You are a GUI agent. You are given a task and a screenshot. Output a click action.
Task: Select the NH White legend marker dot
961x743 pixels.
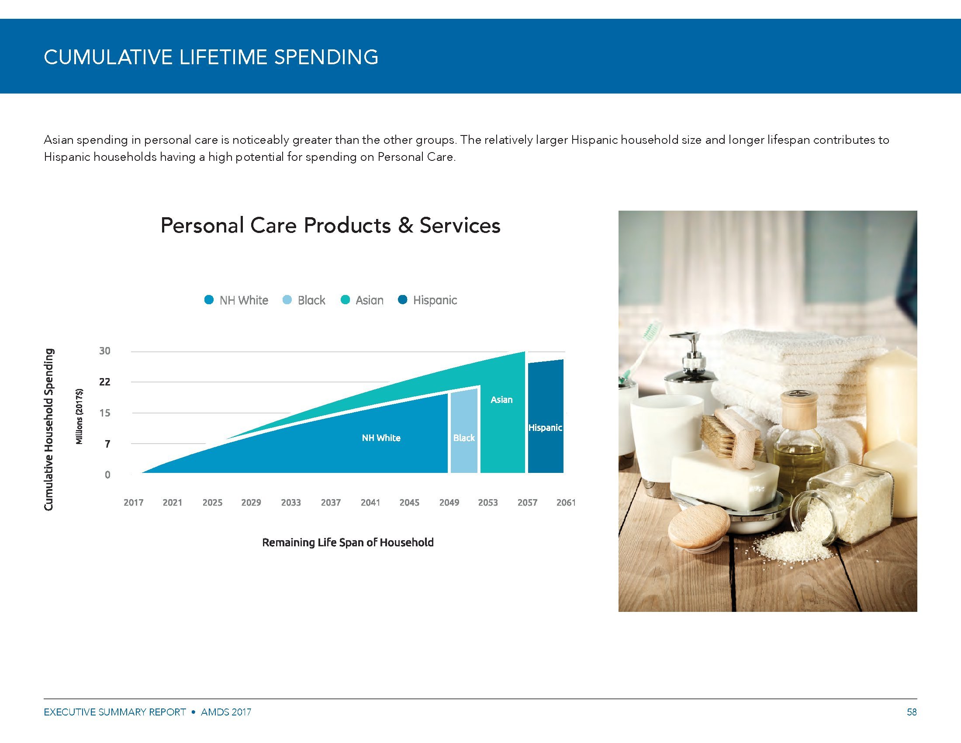pyautogui.click(x=209, y=300)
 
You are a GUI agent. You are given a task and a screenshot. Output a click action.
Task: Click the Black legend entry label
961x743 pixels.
pyautogui.click(x=311, y=300)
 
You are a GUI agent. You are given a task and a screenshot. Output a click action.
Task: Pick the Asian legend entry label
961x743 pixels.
pyautogui.click(x=370, y=300)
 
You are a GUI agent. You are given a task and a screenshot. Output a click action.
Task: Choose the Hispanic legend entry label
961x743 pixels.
pyautogui.click(x=435, y=300)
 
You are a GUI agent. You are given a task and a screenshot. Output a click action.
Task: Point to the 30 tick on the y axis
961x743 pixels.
pyautogui.click(x=105, y=351)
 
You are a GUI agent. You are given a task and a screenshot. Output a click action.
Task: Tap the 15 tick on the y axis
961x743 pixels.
pyautogui.click(x=105, y=413)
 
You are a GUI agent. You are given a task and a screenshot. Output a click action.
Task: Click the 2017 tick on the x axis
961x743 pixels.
pyautogui.click(x=133, y=503)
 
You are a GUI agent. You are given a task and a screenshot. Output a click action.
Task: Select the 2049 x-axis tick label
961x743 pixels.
pyautogui.click(x=449, y=503)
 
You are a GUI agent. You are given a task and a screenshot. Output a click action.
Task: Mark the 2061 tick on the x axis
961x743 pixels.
pyautogui.click(x=566, y=503)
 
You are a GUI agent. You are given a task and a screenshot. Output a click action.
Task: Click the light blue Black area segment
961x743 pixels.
pyautogui.click(x=464, y=431)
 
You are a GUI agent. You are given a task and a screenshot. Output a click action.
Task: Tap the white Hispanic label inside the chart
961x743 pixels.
pyautogui.click(x=545, y=427)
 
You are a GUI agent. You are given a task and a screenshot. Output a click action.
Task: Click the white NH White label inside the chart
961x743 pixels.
pyautogui.click(x=381, y=438)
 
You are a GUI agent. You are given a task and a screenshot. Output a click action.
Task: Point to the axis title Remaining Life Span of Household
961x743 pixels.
pyautogui.click(x=348, y=542)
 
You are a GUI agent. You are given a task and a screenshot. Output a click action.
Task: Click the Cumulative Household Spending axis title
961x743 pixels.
pyautogui.click(x=49, y=430)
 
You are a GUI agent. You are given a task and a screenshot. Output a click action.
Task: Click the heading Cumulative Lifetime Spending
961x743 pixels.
pyautogui.click(x=211, y=57)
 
